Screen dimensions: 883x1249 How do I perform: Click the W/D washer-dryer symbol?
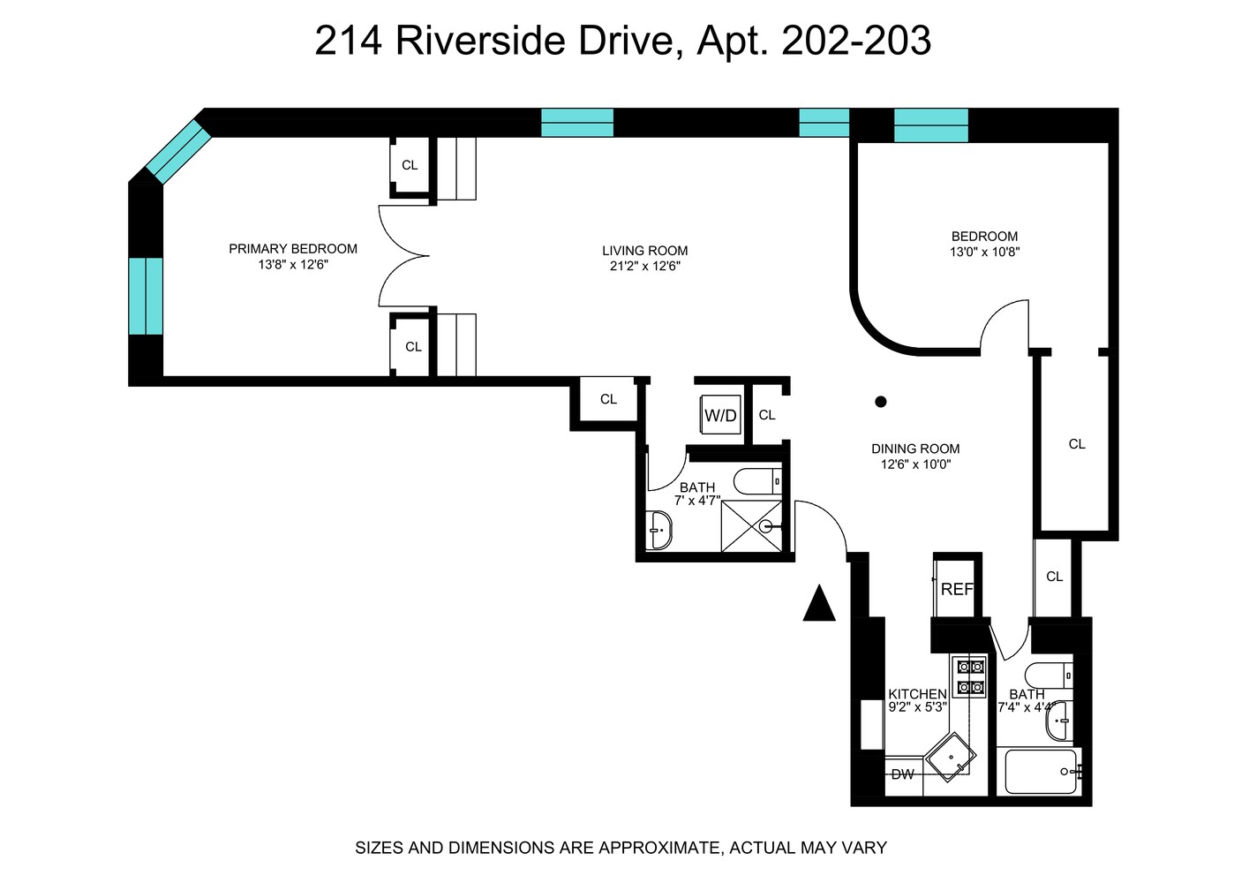pos(720,415)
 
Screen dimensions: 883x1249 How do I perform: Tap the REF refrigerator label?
pos(957,589)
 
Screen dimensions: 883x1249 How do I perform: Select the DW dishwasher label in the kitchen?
pos(902,775)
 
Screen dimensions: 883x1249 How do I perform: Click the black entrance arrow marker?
pos(819,605)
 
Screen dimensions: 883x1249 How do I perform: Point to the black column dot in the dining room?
pos(880,402)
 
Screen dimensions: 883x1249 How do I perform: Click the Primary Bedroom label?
pos(293,249)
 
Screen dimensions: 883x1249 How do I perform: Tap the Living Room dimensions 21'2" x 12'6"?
pos(644,266)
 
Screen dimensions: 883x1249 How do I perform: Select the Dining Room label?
pos(915,449)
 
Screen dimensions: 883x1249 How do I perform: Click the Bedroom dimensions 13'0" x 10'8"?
pos(984,252)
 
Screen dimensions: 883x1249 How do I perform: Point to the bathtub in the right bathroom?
pos(1041,771)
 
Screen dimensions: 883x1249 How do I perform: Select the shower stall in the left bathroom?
pos(751,526)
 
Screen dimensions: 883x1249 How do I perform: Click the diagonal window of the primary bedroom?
pos(177,151)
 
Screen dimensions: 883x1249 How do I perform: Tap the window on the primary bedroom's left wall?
pos(146,296)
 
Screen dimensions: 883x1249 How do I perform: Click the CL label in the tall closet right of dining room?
pos(1077,444)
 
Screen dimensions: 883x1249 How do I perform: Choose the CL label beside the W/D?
pos(767,415)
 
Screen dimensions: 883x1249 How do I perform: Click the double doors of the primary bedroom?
pos(403,256)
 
